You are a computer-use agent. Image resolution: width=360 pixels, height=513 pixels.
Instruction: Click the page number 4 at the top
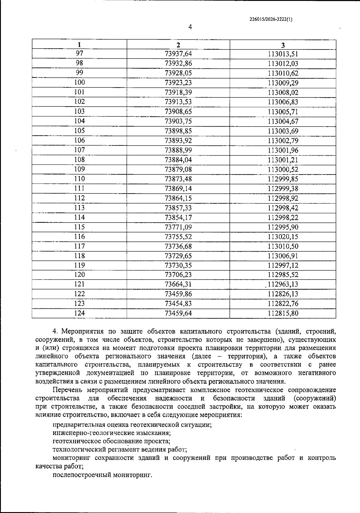point(190,27)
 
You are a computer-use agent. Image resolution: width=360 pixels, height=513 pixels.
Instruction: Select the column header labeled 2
point(178,45)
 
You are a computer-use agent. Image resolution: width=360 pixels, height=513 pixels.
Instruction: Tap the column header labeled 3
point(283,45)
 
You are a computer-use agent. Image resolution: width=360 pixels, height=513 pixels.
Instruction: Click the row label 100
point(79,82)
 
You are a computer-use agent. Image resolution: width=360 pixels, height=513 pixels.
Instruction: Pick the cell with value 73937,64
point(178,54)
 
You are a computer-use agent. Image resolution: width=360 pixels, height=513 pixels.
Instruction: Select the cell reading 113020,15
point(283,237)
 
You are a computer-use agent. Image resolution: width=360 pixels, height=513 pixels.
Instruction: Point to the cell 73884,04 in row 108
point(178,160)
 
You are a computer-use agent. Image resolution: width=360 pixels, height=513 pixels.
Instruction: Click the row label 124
point(79,313)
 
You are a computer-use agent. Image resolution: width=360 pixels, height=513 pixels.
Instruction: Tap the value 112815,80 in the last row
point(283,313)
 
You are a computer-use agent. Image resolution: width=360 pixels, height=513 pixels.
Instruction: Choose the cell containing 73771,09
point(178,227)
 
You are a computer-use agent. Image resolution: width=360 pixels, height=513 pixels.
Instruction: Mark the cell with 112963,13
point(283,284)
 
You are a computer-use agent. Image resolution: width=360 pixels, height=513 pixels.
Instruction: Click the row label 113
point(79,208)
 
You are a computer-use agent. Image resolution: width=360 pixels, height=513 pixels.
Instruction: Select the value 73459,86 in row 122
point(178,294)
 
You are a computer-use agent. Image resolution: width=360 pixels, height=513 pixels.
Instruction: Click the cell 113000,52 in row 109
point(283,169)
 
